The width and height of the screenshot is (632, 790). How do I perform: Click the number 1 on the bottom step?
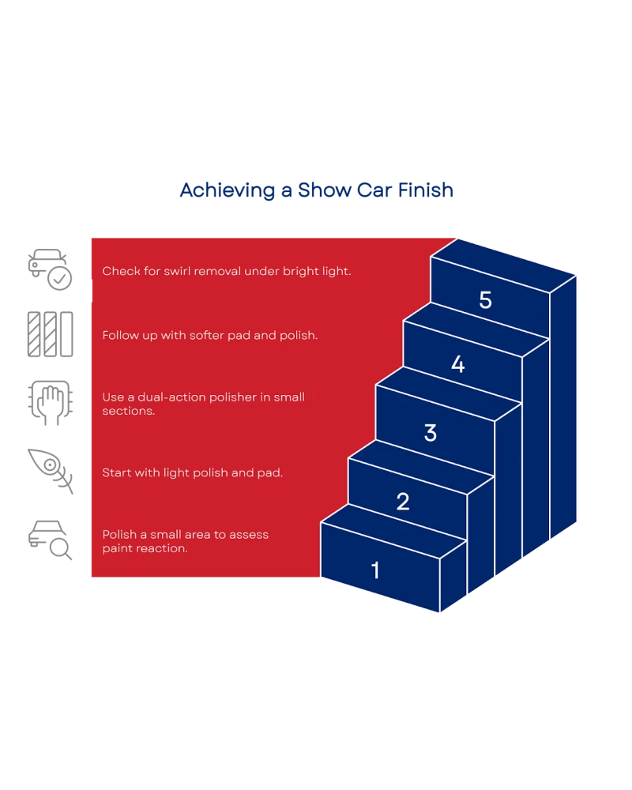[375, 570]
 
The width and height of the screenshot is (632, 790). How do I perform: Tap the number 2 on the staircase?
[403, 502]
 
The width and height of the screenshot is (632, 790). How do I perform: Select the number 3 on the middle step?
[431, 433]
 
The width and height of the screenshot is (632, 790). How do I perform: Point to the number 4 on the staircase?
[458, 365]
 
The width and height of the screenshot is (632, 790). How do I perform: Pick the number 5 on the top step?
[485, 300]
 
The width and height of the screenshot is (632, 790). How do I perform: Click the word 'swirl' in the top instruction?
[182, 271]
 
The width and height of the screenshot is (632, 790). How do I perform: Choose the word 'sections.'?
[129, 412]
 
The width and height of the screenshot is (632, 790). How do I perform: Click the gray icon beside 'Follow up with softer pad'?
[51, 335]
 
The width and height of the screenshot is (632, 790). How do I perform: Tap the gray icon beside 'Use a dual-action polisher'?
[51, 404]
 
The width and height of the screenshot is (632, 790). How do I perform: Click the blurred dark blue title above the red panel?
[316, 191]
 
